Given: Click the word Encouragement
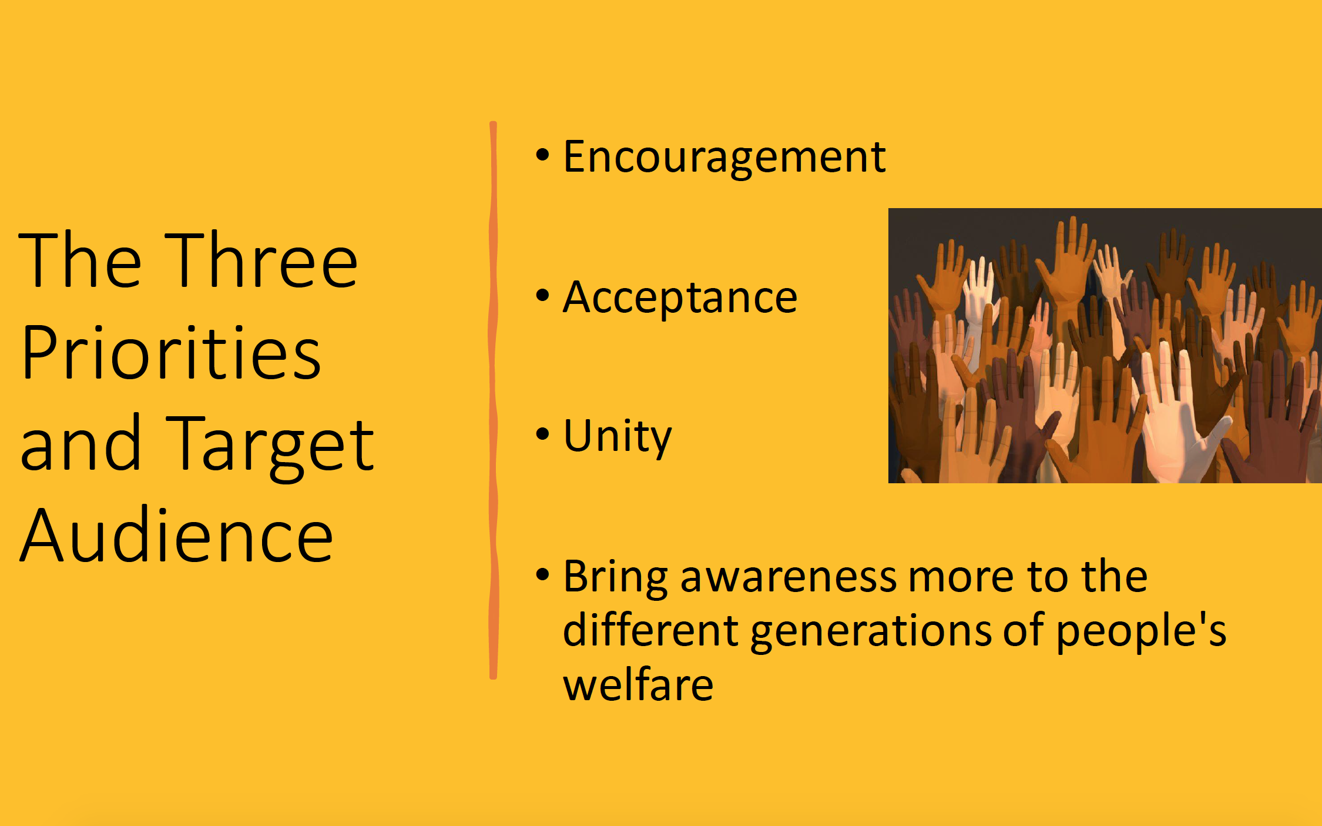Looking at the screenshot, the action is tap(724, 158).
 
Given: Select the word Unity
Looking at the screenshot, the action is tap(617, 437).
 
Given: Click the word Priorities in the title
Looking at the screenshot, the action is tap(171, 352).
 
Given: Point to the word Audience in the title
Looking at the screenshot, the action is tap(176, 535).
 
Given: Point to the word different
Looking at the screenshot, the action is tap(650, 629).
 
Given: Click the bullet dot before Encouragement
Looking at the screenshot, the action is tap(542, 155).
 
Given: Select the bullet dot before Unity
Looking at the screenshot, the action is tap(542, 434).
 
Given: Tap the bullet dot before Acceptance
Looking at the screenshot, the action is tap(542, 295).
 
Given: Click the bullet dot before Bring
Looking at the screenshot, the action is tap(542, 574).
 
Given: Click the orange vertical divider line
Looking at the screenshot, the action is tap(493, 400).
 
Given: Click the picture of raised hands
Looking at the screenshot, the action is tap(1105, 346).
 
